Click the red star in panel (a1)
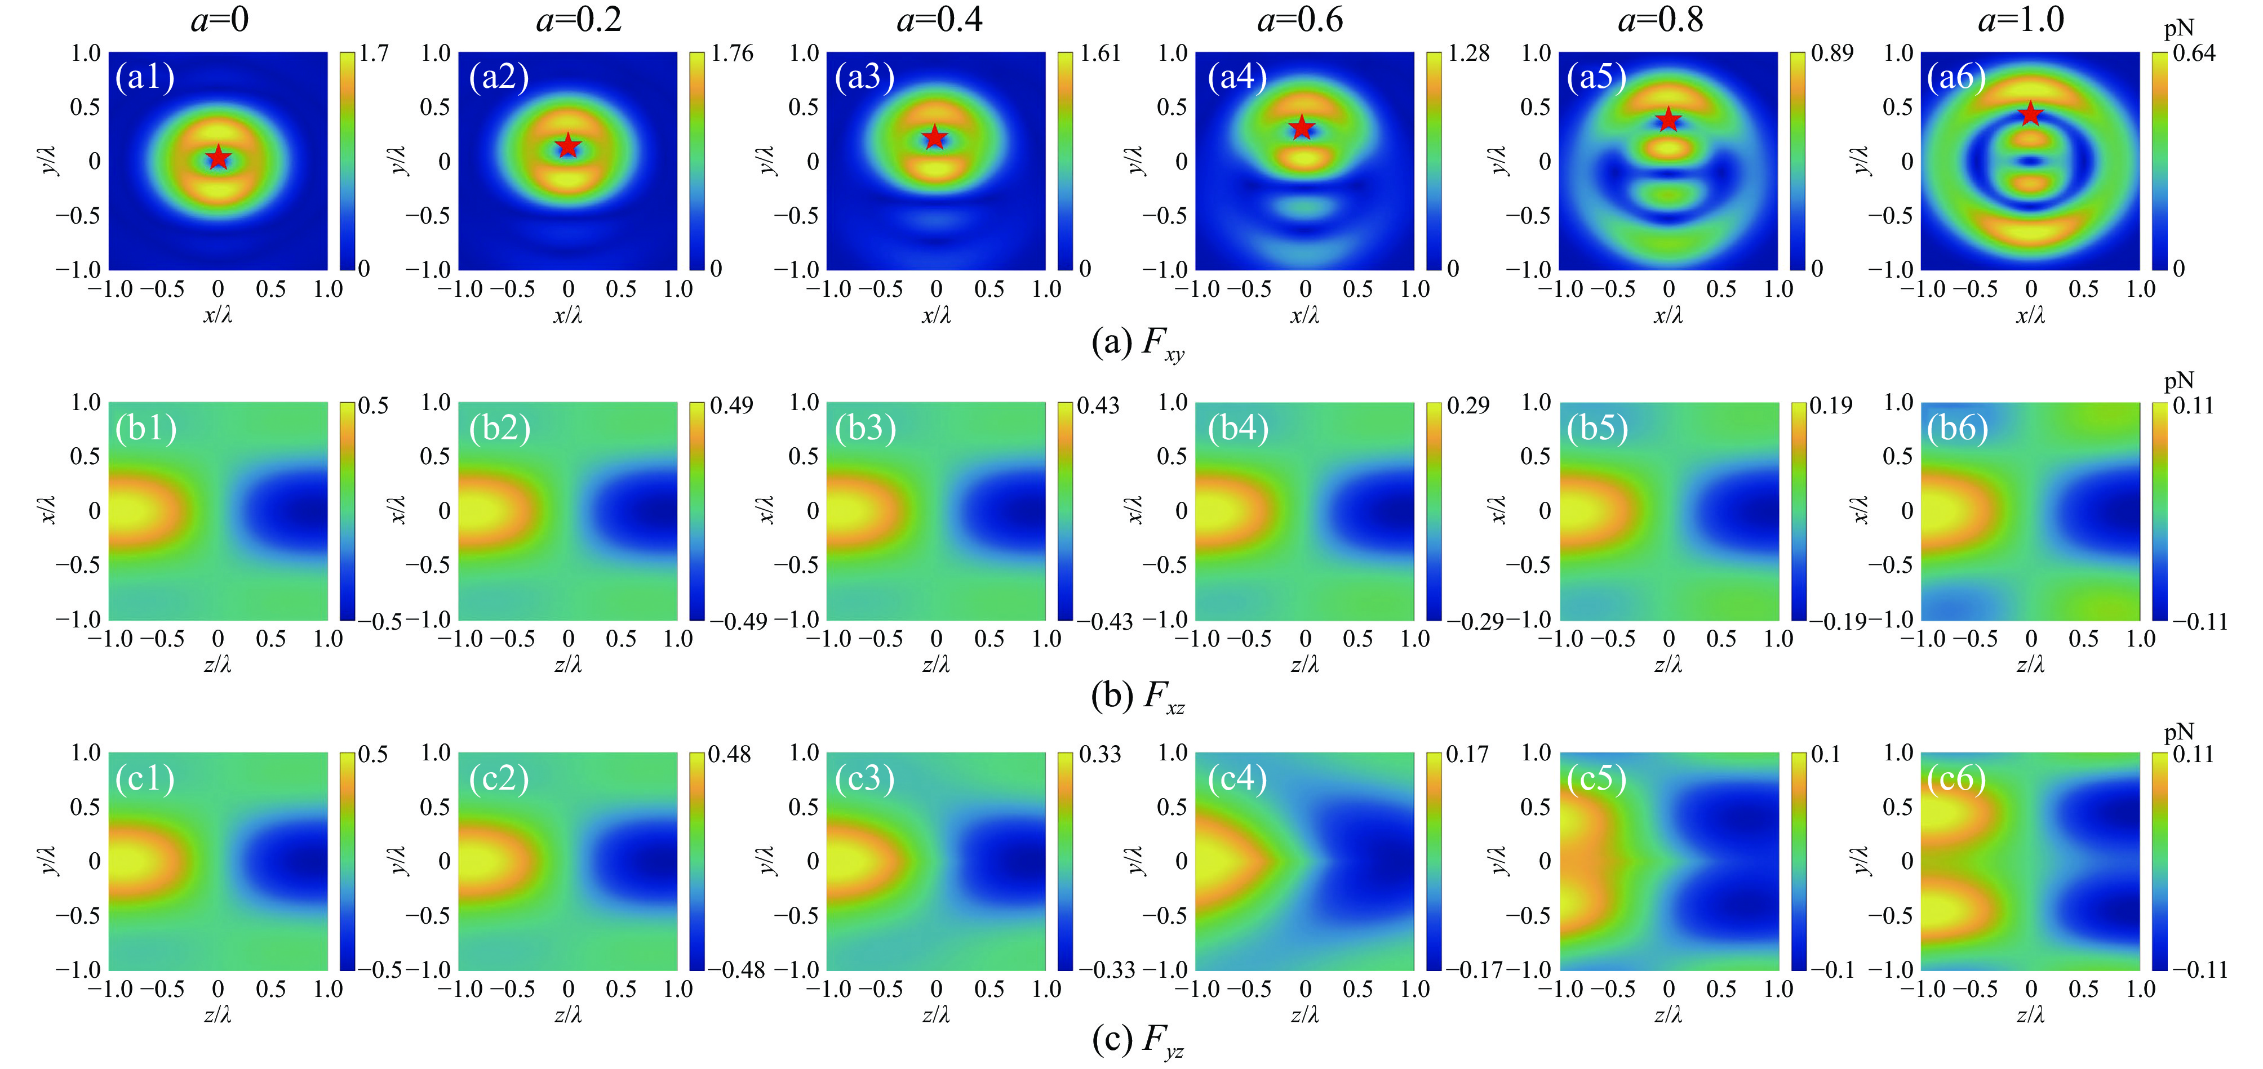pos(218,158)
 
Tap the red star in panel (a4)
pos(1302,128)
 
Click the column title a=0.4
pos(939,19)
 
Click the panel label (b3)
pos(866,428)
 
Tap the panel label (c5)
pos(1597,778)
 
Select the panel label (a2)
pos(499,77)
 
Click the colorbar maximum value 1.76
pos(732,54)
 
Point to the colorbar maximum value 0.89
pos(1832,54)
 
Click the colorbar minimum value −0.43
pos(1105,622)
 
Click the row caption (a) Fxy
pos(1138,342)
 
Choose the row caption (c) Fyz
pos(1138,1041)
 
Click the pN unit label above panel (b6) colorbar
pos(2178,380)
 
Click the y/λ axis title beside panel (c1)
pos(50,861)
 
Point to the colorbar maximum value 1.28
pos(1468,54)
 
